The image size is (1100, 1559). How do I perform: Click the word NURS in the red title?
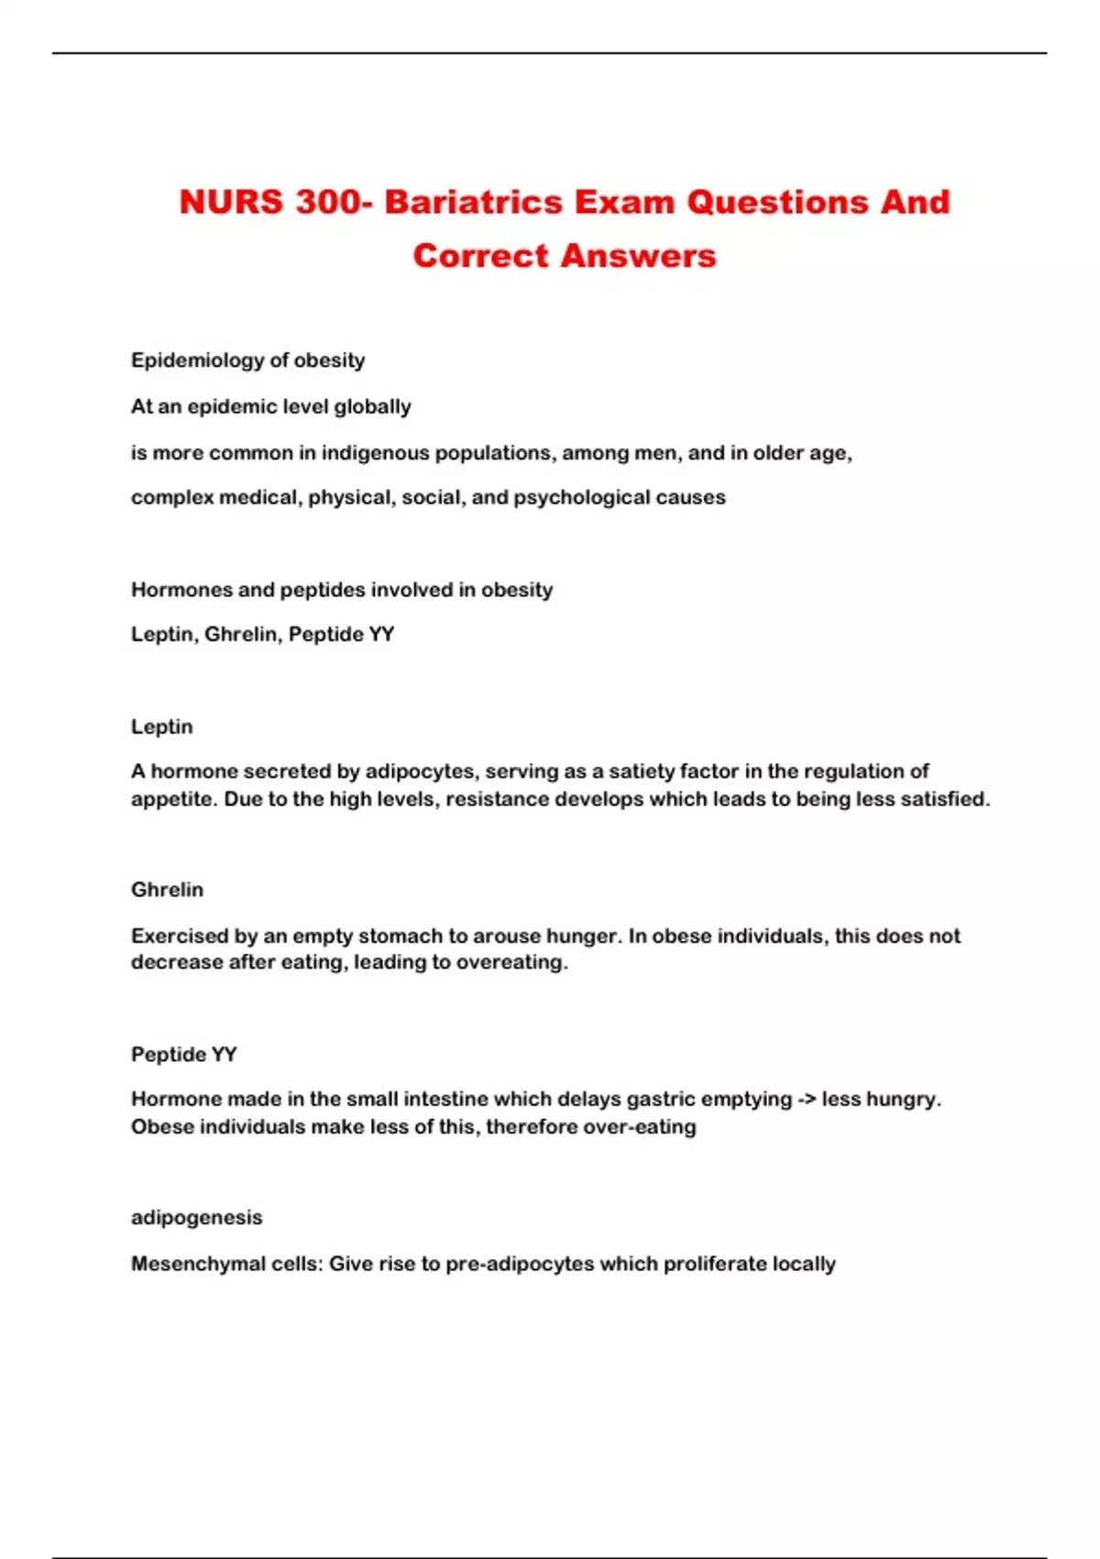coord(231,202)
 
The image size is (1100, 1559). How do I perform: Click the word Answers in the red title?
coord(638,256)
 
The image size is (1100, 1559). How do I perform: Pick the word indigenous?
coord(375,453)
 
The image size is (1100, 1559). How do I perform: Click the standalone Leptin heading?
coord(162,726)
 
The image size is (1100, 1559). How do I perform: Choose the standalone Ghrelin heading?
coord(167,890)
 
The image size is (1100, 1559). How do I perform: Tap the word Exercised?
coord(180,936)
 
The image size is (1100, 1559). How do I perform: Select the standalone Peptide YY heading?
coord(183,1055)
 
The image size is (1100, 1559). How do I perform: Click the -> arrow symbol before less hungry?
coord(807,1099)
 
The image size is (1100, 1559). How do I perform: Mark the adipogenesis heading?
coord(196,1218)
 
